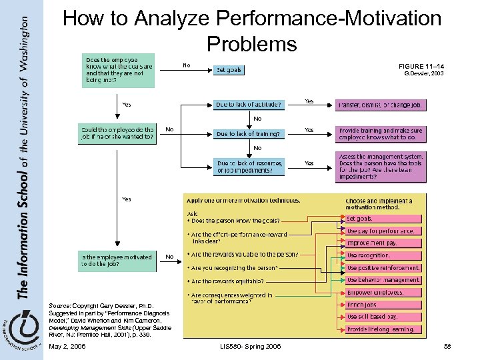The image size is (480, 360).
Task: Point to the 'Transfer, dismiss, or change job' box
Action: [x=381, y=105]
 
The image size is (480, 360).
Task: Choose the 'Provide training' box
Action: [x=381, y=134]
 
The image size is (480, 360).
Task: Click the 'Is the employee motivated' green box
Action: [x=117, y=260]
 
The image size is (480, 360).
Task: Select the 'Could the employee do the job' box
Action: [x=117, y=133]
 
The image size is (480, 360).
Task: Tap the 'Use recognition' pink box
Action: [x=383, y=255]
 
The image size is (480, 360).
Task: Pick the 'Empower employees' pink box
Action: [x=383, y=293]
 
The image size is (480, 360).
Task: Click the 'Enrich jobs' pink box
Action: [x=383, y=305]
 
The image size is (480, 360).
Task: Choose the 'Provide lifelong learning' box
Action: [x=383, y=329]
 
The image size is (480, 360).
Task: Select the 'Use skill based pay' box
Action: [x=383, y=317]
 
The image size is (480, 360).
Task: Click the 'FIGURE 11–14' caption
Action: [x=421, y=67]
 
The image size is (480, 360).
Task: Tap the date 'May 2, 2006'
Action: [x=67, y=347]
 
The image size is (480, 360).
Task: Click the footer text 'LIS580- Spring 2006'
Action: [x=251, y=347]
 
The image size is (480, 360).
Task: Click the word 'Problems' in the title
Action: [x=251, y=44]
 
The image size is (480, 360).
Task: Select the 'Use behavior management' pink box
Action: [x=383, y=280]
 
